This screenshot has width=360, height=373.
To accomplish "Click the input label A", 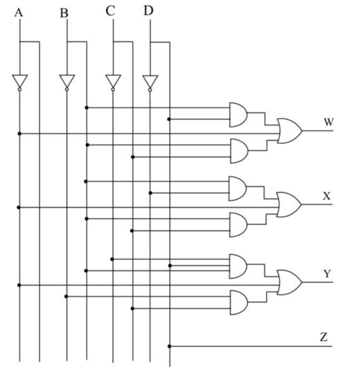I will (x=19, y=13).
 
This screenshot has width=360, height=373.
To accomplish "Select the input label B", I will (x=64, y=13).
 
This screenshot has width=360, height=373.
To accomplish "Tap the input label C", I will (x=110, y=11).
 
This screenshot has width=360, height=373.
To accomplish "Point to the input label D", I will (x=148, y=11).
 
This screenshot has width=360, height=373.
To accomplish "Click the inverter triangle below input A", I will (x=20, y=81).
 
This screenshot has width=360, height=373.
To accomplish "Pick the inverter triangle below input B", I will (x=67, y=81).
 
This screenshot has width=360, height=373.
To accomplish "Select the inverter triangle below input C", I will (x=113, y=81).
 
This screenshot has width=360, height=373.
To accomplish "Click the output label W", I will (x=329, y=122).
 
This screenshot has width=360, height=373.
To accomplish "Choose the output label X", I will (x=327, y=196).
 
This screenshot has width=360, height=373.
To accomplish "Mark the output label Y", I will (x=327, y=274).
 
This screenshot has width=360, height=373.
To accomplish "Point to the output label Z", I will (x=324, y=337).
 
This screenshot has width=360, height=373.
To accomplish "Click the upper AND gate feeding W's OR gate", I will (x=238, y=115).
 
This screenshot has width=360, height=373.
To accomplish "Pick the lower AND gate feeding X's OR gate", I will (x=238, y=225).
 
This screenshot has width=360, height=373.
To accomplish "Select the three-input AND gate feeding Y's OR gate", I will (x=238, y=266).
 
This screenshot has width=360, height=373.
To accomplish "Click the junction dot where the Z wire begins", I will (x=169, y=346).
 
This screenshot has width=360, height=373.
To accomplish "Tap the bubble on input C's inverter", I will (x=113, y=89).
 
